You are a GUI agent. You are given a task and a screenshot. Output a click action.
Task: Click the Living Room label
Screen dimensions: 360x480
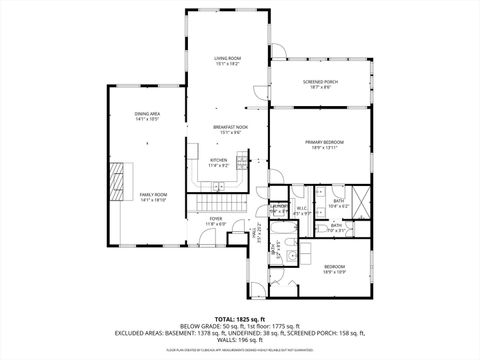(227, 60)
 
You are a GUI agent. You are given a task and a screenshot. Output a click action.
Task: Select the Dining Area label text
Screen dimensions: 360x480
(148, 116)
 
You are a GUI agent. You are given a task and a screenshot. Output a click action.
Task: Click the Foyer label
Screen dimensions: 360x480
(215, 219)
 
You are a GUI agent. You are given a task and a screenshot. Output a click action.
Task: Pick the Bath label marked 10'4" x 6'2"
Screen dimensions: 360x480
(339, 203)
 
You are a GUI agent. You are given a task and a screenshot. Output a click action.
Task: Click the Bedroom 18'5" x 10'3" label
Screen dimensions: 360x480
(334, 268)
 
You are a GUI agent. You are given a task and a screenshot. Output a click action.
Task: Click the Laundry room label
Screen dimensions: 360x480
(281, 208)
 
